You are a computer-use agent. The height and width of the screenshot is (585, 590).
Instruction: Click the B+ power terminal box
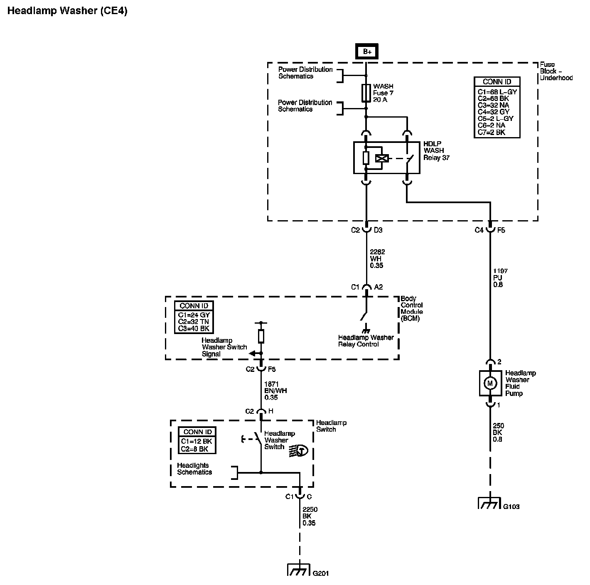click(x=366, y=52)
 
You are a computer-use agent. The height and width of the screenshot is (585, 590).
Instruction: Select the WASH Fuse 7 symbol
click(x=366, y=93)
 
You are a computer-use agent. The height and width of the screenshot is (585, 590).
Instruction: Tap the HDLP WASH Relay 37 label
click(x=436, y=150)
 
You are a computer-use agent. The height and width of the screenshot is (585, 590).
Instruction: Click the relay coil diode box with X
click(x=381, y=158)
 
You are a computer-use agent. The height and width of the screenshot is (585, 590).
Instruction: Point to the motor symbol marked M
click(x=490, y=383)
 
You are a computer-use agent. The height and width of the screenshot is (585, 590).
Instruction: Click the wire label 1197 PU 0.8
click(x=500, y=278)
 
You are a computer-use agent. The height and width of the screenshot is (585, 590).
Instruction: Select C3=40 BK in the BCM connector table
click(x=194, y=328)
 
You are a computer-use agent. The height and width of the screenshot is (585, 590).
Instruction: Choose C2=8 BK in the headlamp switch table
click(x=197, y=449)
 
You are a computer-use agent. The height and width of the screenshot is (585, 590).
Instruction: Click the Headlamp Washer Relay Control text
click(x=366, y=341)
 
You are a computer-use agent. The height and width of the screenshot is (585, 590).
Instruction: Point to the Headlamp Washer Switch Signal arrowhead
click(x=252, y=354)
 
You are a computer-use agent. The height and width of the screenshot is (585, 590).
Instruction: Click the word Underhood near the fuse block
click(x=556, y=78)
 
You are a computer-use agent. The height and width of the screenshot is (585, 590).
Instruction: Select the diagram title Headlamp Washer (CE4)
click(x=67, y=11)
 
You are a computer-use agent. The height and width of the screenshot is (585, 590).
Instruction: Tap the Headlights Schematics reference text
click(x=194, y=469)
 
